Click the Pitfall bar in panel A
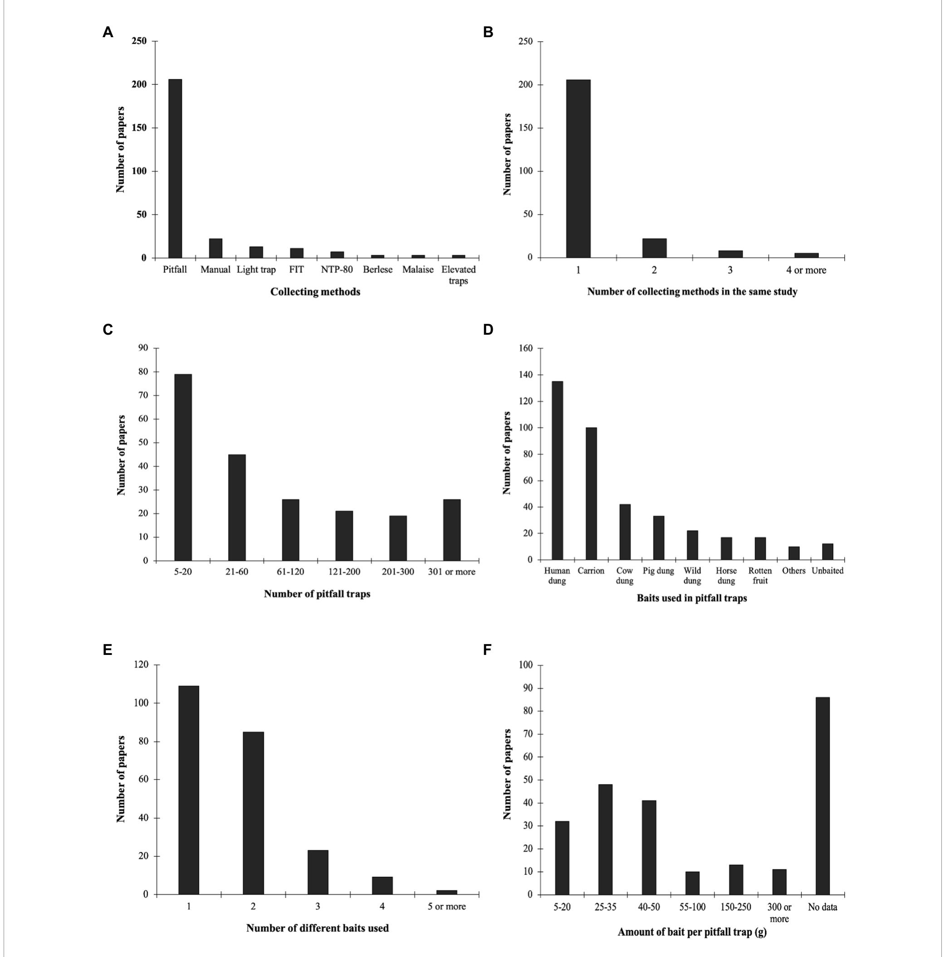[175, 168]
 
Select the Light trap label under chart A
[256, 270]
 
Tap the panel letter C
[108, 330]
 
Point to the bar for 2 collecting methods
[654, 248]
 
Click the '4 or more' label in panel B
[806, 270]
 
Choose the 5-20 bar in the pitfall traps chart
[183, 467]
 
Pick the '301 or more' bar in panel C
[451, 530]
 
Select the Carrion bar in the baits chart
[591, 493]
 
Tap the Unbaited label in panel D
[827, 571]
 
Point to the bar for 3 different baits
[318, 872]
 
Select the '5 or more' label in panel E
[446, 907]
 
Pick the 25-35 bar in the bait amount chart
[605, 840]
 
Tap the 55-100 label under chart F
[692, 907]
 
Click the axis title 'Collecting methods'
[315, 292]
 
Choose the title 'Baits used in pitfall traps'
[692, 598]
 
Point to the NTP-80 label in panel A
[337, 270]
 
